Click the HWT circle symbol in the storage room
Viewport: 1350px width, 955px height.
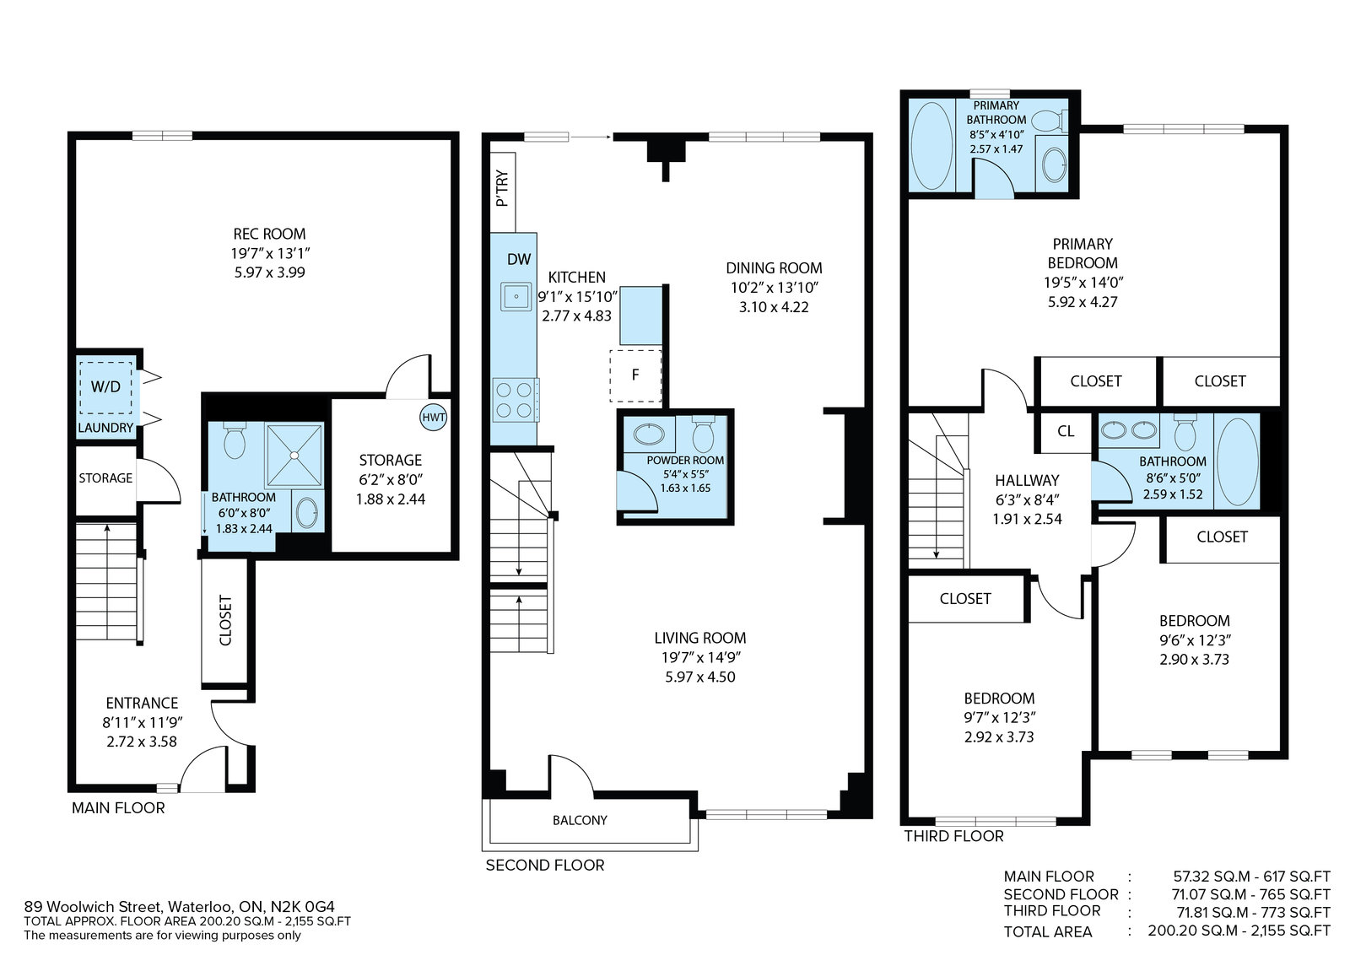pos(434,418)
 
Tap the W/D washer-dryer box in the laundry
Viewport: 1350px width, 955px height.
pos(106,387)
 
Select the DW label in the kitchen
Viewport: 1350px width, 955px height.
pos(519,259)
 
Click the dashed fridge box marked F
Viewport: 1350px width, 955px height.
pos(636,375)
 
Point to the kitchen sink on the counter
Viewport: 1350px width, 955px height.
pos(516,296)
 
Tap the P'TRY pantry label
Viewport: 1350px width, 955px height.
pos(502,188)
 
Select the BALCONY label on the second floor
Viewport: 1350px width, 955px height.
pos(580,820)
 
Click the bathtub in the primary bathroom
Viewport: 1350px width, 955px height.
pos(931,146)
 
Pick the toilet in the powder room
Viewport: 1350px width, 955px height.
pos(704,434)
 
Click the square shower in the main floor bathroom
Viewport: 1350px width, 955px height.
pos(294,455)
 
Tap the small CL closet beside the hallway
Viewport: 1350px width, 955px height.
pos(1066,431)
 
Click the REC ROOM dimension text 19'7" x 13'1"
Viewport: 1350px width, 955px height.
pos(270,253)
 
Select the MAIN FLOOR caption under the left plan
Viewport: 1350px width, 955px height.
pos(118,808)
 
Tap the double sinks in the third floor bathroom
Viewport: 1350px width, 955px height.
pos(1129,430)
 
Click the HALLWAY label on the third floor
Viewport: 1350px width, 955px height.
pos(1027,481)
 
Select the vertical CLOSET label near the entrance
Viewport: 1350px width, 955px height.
pos(225,621)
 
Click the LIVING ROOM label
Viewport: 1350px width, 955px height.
pos(700,638)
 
